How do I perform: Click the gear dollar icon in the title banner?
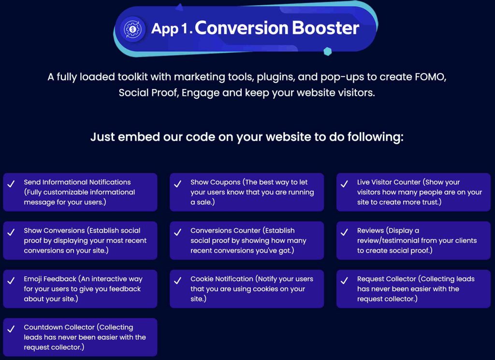pos(133,29)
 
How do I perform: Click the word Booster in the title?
pos(325,28)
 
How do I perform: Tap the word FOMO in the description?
pos(430,77)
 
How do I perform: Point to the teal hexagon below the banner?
pos(328,51)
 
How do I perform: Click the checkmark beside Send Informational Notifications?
pos(11,184)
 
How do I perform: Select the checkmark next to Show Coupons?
pos(178,184)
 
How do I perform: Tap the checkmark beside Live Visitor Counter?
pos(344,184)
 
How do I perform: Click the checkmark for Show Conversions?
pos(11,232)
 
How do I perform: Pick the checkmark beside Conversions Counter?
pos(178,232)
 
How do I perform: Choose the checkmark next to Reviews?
pos(344,232)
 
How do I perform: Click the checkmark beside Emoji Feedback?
pos(11,281)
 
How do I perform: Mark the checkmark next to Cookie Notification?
pos(178,281)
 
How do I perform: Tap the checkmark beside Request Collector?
pos(344,281)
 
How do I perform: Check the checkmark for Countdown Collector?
pos(11,329)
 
